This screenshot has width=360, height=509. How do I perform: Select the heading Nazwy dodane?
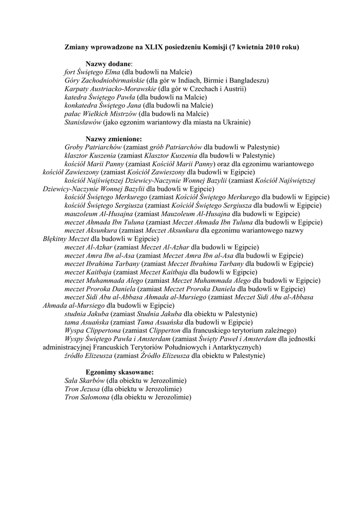tap(109, 64)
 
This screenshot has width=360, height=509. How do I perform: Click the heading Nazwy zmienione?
tap(113, 139)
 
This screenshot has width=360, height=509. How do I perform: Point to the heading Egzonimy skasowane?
tap(119, 372)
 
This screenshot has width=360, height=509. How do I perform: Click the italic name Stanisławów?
tap(83, 122)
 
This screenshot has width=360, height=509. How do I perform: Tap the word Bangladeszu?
tap(249, 81)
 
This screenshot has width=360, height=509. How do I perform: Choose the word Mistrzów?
tap(121, 114)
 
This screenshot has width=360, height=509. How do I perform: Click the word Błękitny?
tap(56, 239)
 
